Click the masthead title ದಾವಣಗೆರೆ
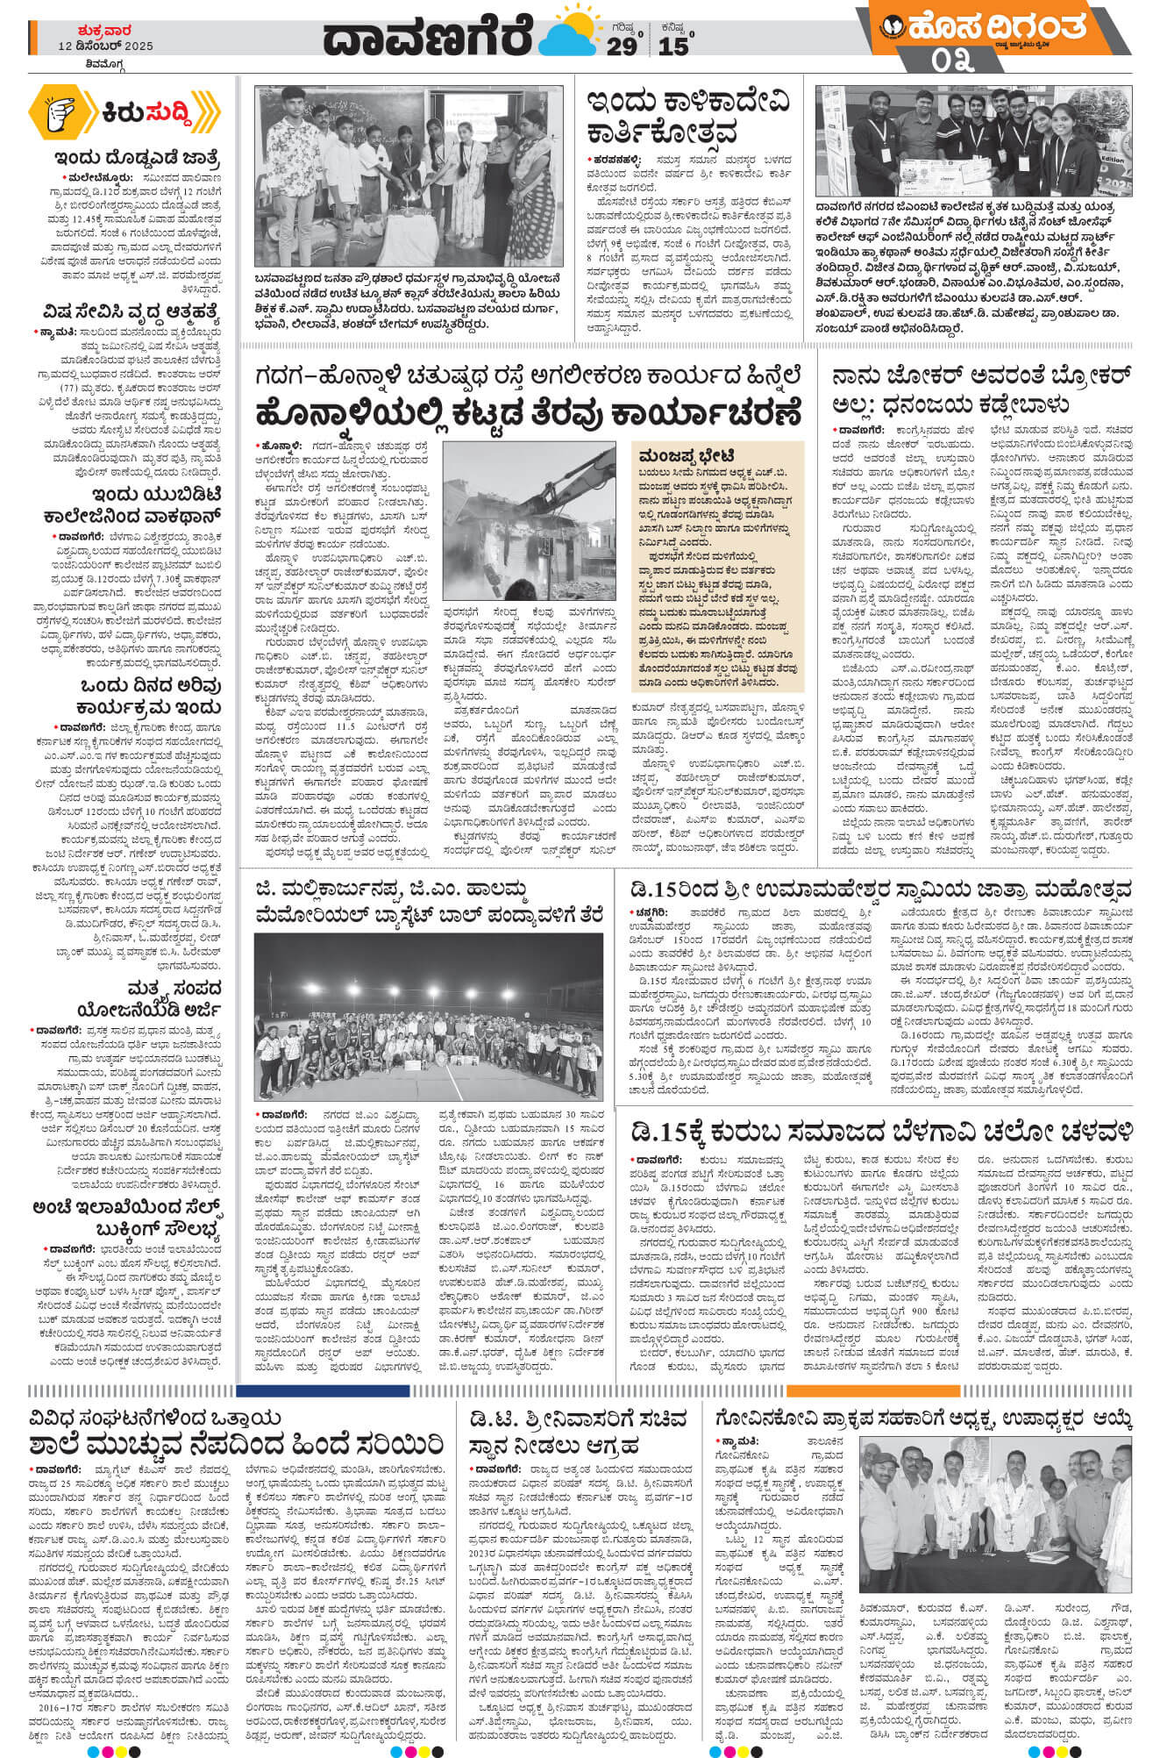(x=427, y=38)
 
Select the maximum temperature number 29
(x=622, y=46)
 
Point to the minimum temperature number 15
(x=673, y=46)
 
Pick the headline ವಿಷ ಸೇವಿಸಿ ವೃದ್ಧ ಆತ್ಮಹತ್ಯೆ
(x=132, y=312)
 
